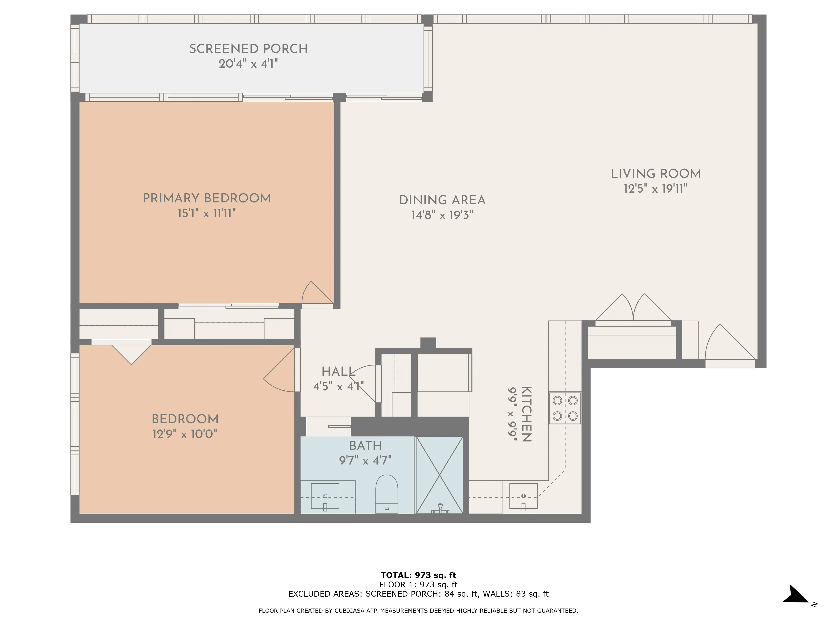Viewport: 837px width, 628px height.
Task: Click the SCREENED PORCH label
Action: pyautogui.click(x=248, y=49)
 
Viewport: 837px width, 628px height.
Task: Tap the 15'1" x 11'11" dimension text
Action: pyautogui.click(x=207, y=213)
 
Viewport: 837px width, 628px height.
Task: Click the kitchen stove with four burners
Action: pyautogui.click(x=565, y=408)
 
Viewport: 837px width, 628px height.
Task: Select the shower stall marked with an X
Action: pyautogui.click(x=439, y=475)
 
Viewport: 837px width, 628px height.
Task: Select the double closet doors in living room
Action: pyautogui.click(x=633, y=309)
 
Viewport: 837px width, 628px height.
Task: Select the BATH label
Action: pyautogui.click(x=365, y=445)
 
